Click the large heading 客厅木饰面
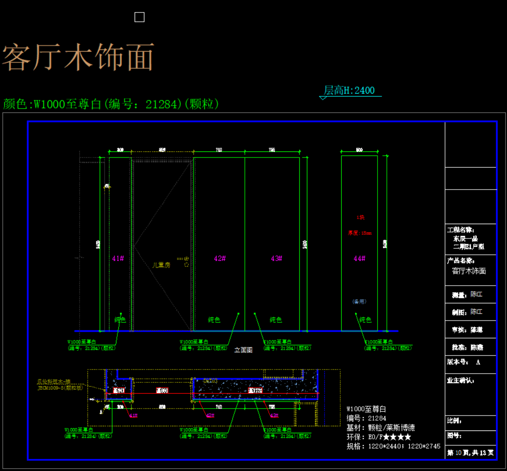point(78,58)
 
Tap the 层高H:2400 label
point(350,90)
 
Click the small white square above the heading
point(139,17)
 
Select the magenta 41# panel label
point(118,258)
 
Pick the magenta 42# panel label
point(220,258)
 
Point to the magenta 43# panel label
point(277,258)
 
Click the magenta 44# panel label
point(359,258)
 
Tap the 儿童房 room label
point(162,265)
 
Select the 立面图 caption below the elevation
point(243,350)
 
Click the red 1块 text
point(360,217)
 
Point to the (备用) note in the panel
point(359,301)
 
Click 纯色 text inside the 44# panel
point(365,320)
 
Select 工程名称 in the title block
point(460,230)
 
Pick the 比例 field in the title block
point(454,421)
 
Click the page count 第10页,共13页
point(470,452)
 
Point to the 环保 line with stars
point(379,437)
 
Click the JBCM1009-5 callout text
point(60,387)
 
